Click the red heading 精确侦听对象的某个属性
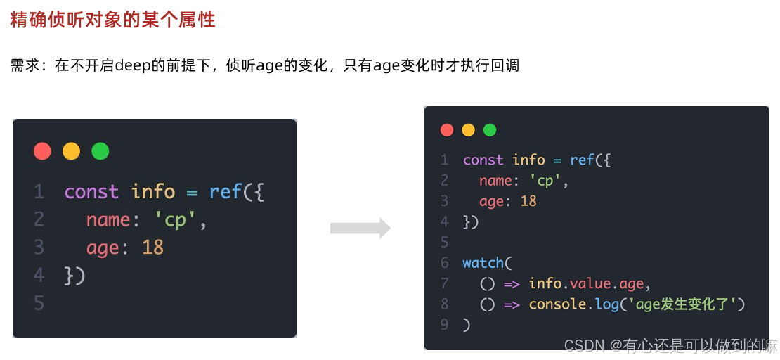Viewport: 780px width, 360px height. [112, 20]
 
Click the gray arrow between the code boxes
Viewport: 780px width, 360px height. [360, 228]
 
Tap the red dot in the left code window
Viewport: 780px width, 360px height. [42, 151]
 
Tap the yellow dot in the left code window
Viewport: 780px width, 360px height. [71, 151]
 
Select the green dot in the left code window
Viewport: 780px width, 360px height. [100, 151]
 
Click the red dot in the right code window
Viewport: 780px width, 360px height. [447, 130]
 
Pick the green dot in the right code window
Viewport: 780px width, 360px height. [490, 130]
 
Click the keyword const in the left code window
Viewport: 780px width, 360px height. [92, 191]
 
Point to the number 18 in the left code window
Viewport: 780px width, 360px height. [152, 247]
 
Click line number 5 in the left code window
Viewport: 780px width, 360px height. [39, 303]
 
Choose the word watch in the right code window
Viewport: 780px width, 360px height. [483, 263]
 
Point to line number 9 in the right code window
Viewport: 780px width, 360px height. [444, 324]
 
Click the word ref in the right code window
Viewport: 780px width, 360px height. [582, 160]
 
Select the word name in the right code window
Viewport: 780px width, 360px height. [495, 181]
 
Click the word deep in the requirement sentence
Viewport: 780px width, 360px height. [129, 66]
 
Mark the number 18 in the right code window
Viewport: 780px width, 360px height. [528, 201]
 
